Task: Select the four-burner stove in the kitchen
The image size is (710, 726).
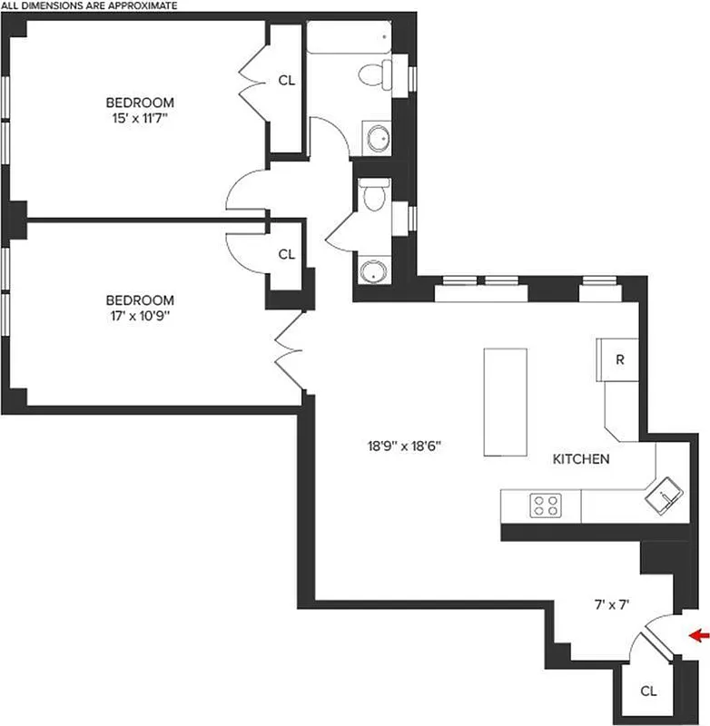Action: [546, 505]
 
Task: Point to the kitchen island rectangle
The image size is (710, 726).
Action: [507, 402]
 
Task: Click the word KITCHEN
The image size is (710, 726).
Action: [581, 459]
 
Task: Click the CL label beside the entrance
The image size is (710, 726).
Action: [647, 692]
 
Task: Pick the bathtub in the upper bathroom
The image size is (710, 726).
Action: [348, 39]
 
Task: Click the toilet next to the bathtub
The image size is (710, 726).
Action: [376, 74]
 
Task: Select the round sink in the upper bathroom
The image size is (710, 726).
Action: [377, 138]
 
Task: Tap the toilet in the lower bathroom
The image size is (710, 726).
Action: [373, 194]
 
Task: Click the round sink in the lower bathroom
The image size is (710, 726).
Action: [373, 271]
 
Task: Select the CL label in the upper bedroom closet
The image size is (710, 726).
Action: [286, 80]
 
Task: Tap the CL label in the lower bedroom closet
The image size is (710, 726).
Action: [286, 255]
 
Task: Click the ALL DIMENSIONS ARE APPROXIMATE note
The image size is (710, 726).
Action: [89, 5]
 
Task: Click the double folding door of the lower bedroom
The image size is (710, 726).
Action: [287, 348]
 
